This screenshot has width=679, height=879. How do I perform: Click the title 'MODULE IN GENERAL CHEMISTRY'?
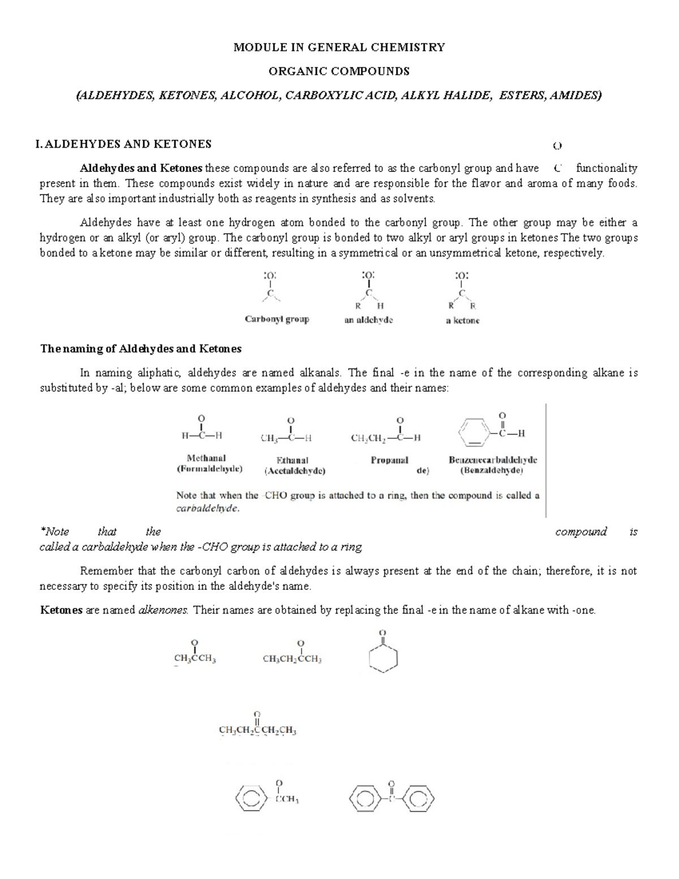[339, 48]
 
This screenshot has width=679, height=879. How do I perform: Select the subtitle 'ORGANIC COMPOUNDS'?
[339, 71]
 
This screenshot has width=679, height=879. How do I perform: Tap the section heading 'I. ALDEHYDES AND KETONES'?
[123, 144]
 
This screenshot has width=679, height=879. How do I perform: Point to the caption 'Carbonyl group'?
[277, 319]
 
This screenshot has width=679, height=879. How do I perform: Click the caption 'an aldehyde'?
[368, 320]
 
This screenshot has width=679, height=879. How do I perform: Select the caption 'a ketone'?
[462, 320]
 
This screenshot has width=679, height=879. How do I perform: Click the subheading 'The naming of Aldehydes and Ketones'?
[141, 349]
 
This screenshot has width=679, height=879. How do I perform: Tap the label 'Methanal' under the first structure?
[206, 458]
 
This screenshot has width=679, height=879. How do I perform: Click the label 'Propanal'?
[389, 460]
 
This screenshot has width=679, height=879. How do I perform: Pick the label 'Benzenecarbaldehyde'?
[493, 460]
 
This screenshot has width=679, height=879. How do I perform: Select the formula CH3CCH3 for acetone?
[195, 659]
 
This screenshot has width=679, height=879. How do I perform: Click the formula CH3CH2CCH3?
[292, 659]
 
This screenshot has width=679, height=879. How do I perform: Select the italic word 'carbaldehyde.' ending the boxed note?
[208, 508]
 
